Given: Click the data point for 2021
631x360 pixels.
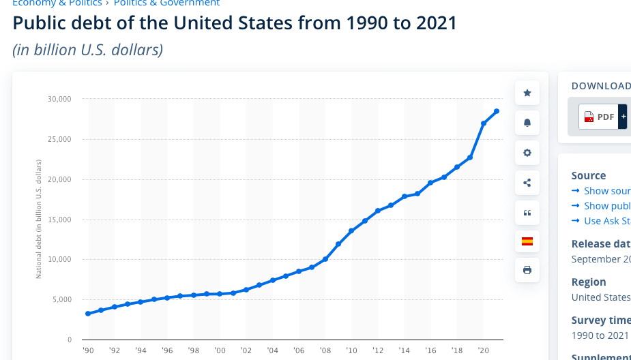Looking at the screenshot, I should (x=497, y=111).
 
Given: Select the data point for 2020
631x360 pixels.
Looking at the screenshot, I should (x=484, y=123).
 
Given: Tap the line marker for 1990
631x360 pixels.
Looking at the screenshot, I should (x=88, y=314).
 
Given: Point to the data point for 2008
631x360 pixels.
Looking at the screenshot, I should (x=325, y=259).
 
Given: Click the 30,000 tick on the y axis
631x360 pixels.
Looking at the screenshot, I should (x=59, y=100).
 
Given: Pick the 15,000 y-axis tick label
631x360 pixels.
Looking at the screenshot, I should (x=59, y=220).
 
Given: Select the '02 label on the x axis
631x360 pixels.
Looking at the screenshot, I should (x=246, y=350).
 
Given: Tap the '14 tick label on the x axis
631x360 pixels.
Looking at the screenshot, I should (x=405, y=350).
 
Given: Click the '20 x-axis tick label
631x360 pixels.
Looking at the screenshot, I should (x=484, y=350).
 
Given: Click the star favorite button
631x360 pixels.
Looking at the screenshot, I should (x=527, y=93).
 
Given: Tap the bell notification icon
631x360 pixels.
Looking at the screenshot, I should (x=527, y=123).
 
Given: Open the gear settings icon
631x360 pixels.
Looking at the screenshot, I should (x=527, y=153).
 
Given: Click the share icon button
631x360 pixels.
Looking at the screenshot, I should (x=527, y=182).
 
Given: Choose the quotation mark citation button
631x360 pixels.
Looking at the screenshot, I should (x=527, y=213).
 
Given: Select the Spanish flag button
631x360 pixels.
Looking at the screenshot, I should (x=527, y=241).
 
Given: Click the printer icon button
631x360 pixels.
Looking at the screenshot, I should (x=527, y=270).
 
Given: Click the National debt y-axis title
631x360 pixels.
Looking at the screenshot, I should (x=39, y=218).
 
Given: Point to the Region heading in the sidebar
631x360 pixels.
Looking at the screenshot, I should (x=589, y=282).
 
